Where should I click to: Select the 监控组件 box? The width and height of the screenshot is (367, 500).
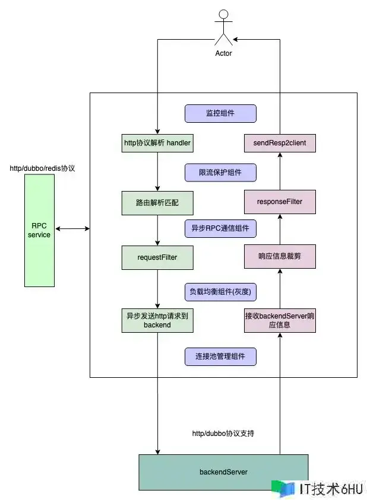coord(220,113)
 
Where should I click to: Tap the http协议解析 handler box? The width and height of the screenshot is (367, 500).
coord(157,143)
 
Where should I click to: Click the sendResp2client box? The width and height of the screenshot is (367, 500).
coord(280,143)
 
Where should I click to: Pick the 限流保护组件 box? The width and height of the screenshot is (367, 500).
coord(220,173)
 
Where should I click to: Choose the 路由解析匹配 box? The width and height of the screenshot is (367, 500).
coord(157,202)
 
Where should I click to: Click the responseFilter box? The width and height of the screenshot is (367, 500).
coord(280,202)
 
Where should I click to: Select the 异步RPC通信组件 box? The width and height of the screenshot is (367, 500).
coord(220,228)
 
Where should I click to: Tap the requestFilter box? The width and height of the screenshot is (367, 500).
coord(157,257)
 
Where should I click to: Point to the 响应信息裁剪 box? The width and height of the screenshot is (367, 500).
coord(280,257)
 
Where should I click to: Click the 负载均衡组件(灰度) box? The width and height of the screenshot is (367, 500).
coord(220,291)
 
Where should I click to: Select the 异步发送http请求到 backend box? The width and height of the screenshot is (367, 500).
coord(157,320)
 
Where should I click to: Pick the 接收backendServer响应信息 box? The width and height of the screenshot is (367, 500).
coord(280,320)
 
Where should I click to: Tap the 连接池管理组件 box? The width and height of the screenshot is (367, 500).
coord(220,356)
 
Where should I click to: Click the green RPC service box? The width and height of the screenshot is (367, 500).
coord(39,230)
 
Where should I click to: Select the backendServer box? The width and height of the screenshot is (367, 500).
coord(223,472)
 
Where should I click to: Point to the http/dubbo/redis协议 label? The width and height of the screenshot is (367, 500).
coord(42,168)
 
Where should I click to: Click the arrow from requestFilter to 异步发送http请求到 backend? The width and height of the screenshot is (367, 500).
coord(157,288)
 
